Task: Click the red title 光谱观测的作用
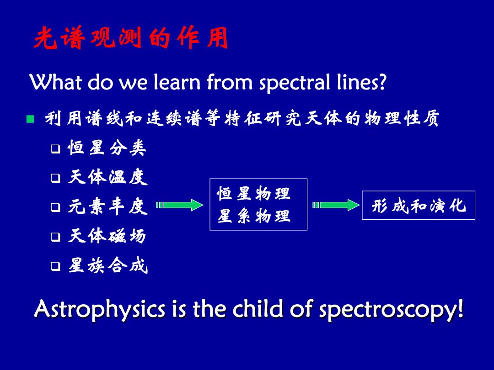131,38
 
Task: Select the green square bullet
30,119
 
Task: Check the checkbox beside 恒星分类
56,148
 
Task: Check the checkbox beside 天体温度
56,179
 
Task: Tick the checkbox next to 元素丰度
56,207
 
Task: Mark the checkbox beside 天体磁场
56,237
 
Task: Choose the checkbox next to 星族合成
56,266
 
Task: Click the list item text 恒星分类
107,148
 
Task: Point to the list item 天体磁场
107,236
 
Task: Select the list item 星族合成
108,265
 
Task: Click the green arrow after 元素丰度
180,205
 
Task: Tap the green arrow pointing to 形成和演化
336,205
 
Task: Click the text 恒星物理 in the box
253,193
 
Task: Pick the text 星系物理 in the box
253,216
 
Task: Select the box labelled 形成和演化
419,205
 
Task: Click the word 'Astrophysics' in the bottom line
100,309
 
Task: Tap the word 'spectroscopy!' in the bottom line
391,310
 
